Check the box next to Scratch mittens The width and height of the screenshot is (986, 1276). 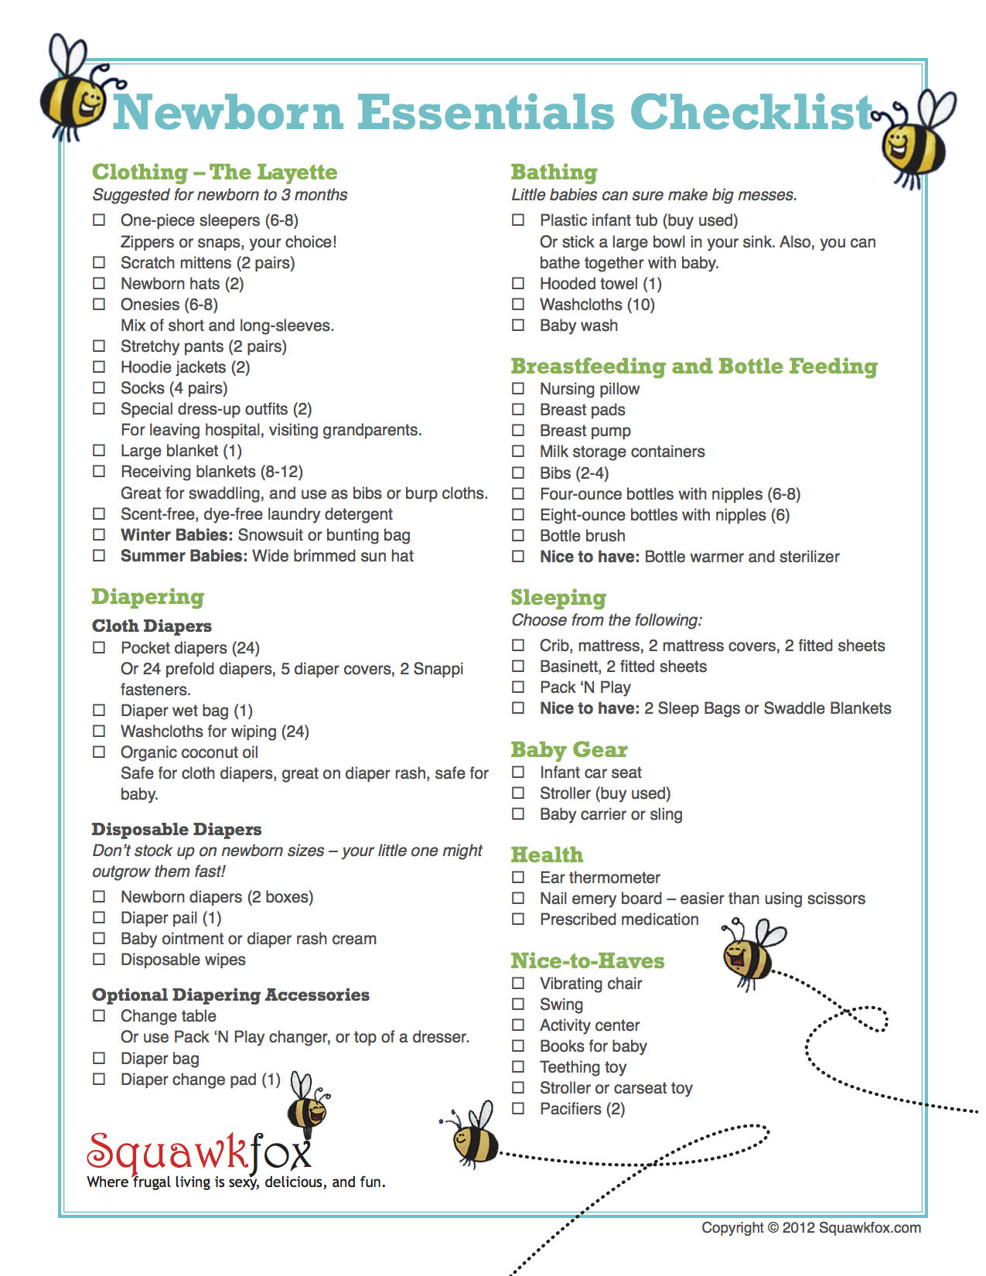click(99, 262)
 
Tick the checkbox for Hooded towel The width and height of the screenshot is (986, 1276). click(518, 284)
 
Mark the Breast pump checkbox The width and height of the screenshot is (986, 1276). click(518, 430)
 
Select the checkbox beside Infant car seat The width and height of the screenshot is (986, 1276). click(518, 772)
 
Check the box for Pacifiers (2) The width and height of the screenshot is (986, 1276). click(518, 1108)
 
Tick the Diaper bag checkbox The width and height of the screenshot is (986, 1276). click(99, 1058)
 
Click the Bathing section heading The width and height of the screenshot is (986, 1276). click(554, 172)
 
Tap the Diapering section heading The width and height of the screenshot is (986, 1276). click(148, 596)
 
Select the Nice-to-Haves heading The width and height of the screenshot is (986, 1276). click(587, 960)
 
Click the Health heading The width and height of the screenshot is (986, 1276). click(547, 855)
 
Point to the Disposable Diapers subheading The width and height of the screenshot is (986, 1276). click(176, 829)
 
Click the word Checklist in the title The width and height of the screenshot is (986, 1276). click(751, 112)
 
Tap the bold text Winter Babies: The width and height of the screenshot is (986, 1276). click(176, 535)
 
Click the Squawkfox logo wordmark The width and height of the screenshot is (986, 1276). click(199, 1152)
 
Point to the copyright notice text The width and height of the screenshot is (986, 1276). click(810, 1227)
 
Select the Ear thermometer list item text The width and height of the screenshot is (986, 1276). click(599, 877)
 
